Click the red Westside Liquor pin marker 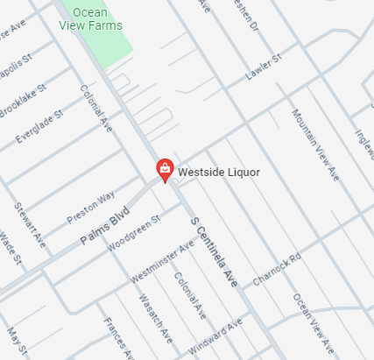pos(164,168)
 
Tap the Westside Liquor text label pos(219,173)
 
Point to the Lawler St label pos(263,67)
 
